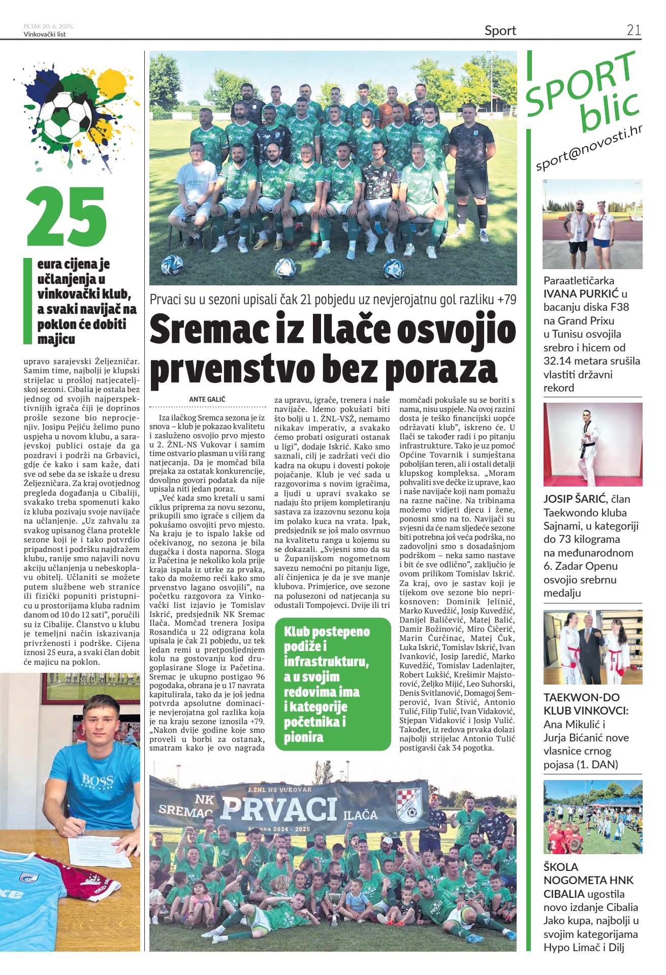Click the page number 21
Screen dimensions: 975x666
[x=633, y=30]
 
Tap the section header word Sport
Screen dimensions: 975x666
[x=500, y=30]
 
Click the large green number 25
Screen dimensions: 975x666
[x=66, y=217]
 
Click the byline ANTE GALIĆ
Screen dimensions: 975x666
[x=207, y=399]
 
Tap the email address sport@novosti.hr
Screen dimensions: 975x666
[x=589, y=148]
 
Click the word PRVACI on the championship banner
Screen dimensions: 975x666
[x=279, y=808]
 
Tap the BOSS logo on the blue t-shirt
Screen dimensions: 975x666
[x=98, y=781]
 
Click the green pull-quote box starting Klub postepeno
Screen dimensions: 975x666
[x=333, y=684]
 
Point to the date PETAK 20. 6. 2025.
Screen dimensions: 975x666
[x=49, y=26]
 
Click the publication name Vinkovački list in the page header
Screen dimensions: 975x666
[x=45, y=35]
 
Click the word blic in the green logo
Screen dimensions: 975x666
[x=609, y=109]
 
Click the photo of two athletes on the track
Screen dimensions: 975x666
[x=592, y=224]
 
